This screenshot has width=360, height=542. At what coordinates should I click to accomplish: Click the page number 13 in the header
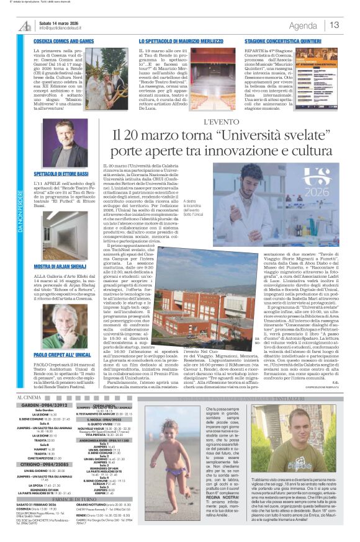[334, 25]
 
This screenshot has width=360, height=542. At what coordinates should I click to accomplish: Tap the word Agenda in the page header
[303, 25]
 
